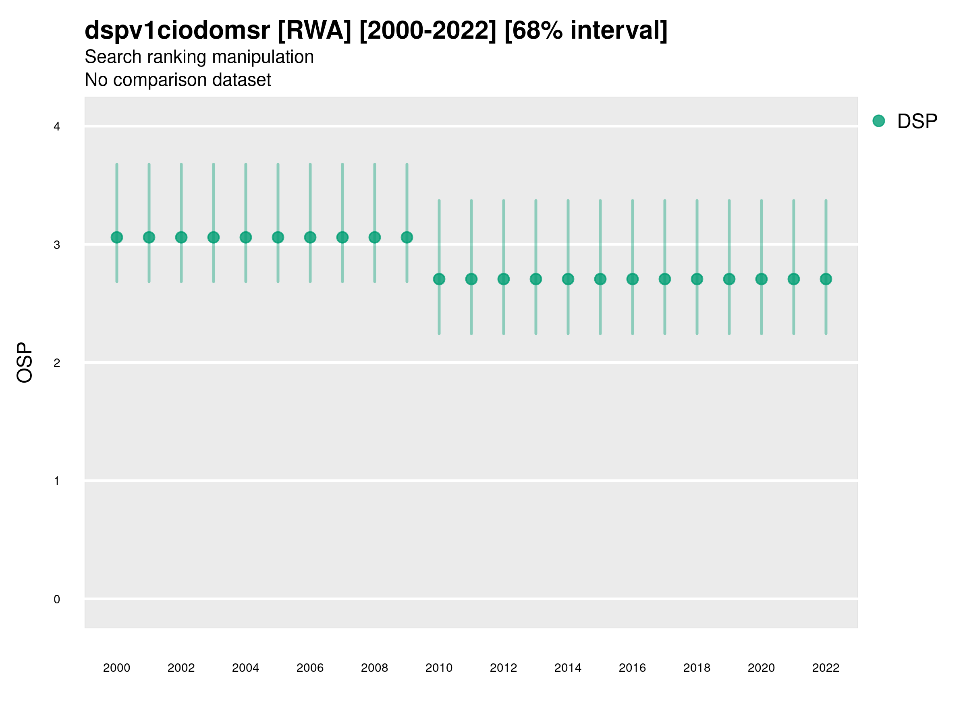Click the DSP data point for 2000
pyautogui.click(x=117, y=237)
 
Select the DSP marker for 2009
pyautogui.click(x=407, y=237)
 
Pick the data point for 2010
pyautogui.click(x=439, y=279)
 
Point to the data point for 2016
pyautogui.click(x=633, y=279)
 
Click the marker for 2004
pyautogui.click(x=246, y=237)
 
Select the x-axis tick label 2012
pyautogui.click(x=503, y=668)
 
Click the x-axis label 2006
pyautogui.click(x=310, y=668)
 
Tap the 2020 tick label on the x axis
pyautogui.click(x=761, y=668)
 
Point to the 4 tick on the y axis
pyautogui.click(x=57, y=127)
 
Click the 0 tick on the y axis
pyautogui.click(x=57, y=599)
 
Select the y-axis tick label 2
pyautogui.click(x=57, y=363)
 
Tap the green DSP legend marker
pyautogui.click(x=879, y=120)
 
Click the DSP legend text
pyautogui.click(x=917, y=121)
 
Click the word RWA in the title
pyautogui.click(x=314, y=31)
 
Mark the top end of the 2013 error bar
pyautogui.click(x=536, y=201)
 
